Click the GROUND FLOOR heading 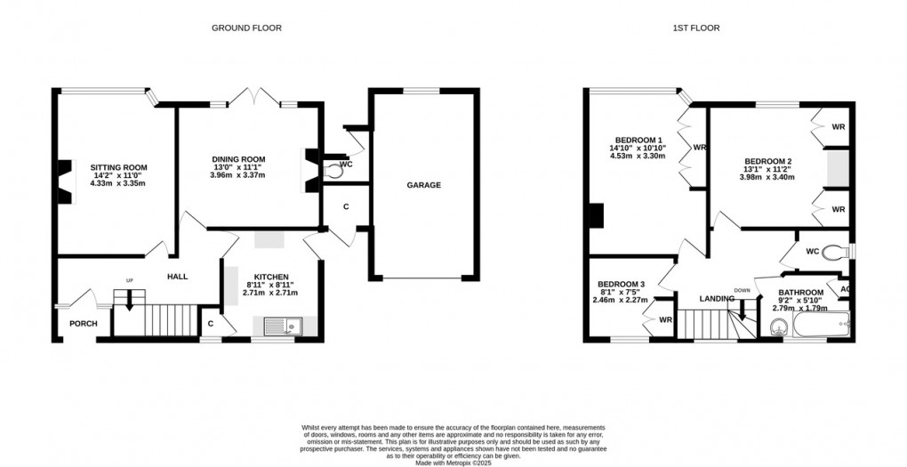246,28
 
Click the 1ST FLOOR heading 695,28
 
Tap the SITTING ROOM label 118,167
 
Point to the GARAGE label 424,185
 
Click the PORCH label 84,323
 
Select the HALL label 178,278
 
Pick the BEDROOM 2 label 768,161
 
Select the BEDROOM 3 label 620,285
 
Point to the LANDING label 716,298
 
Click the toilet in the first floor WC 834,251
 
